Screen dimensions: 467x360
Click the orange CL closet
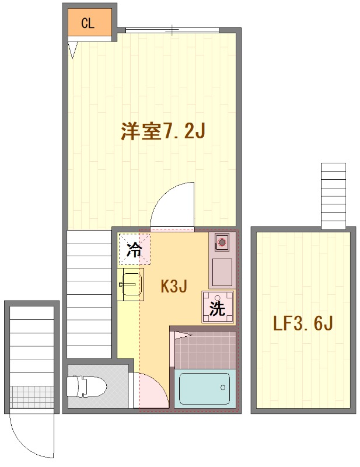(x=88, y=23)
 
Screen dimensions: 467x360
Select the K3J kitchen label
(x=173, y=286)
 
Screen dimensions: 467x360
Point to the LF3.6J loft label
(x=303, y=323)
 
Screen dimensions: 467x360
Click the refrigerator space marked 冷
(x=134, y=250)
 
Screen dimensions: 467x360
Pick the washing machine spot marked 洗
(x=218, y=307)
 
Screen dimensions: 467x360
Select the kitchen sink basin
(x=131, y=284)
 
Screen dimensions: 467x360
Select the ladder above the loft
(x=334, y=196)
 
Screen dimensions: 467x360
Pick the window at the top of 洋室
(x=173, y=29)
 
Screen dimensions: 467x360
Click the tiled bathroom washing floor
(x=204, y=348)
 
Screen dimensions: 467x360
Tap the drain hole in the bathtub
(x=222, y=387)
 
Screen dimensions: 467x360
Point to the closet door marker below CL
(x=72, y=50)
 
